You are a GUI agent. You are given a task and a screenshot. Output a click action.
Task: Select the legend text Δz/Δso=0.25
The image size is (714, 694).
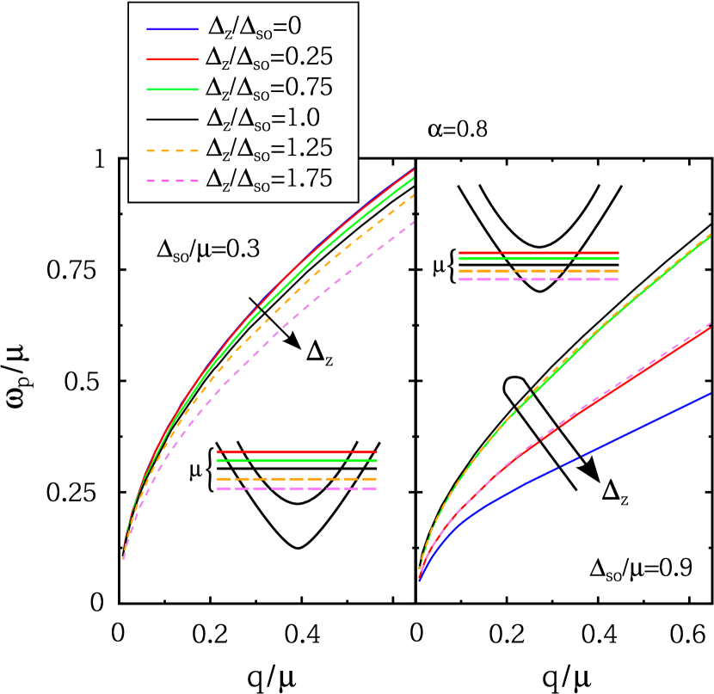point(268,58)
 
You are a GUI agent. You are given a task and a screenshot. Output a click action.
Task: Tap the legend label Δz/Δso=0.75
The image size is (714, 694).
point(268,87)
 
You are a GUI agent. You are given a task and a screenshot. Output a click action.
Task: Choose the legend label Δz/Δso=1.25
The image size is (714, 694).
point(268,147)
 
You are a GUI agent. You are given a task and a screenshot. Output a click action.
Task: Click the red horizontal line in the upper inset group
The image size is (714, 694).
point(539,252)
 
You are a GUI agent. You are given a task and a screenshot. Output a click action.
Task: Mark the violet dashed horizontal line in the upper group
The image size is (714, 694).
point(539,279)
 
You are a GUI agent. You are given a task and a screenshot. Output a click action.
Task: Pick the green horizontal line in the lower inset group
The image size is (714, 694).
point(297,461)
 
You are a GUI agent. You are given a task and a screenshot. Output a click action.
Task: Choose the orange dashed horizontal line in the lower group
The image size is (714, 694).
point(297,478)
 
